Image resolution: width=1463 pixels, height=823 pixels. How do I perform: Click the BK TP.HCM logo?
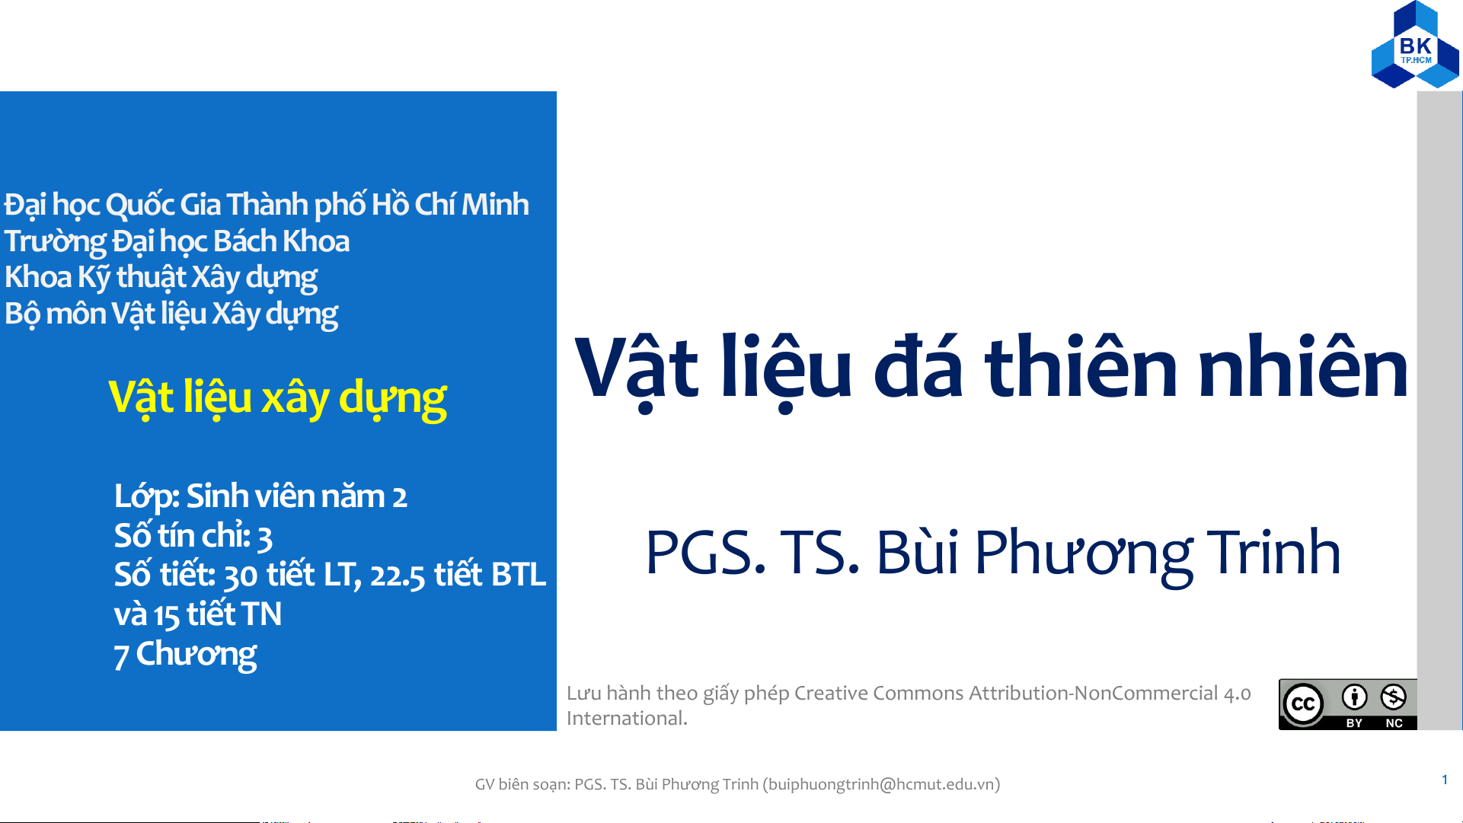[1415, 44]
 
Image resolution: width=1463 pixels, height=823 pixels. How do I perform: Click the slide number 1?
[1445, 780]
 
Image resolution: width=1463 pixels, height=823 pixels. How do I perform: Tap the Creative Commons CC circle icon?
[1303, 704]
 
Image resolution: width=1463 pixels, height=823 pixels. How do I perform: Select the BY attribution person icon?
[1354, 697]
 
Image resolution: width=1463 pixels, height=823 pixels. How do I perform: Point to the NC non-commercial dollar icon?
[1394, 697]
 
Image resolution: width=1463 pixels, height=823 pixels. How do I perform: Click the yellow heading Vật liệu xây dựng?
[277, 397]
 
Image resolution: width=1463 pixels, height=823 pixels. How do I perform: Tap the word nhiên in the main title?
[1302, 366]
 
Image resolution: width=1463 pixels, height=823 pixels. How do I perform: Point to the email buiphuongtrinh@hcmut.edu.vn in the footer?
[882, 784]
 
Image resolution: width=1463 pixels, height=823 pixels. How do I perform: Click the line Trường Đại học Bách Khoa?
[177, 241]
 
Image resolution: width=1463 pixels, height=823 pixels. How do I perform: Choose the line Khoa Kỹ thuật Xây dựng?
[161, 278]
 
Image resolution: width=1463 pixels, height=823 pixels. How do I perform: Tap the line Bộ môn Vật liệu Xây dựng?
[171, 314]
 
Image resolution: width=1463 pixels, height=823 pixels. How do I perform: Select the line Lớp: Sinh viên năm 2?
[260, 496]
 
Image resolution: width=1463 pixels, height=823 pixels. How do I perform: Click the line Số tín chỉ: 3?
[193, 536]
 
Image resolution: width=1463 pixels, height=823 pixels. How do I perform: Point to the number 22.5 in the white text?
[398, 576]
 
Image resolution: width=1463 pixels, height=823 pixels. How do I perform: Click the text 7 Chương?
[185, 655]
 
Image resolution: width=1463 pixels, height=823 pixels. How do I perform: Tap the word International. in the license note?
[627, 718]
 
